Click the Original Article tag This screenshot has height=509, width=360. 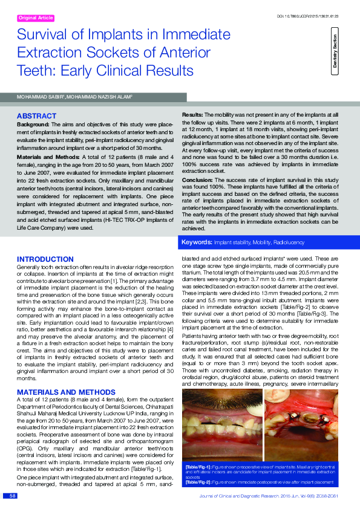point(36,19)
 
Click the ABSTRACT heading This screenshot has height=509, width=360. point(36,115)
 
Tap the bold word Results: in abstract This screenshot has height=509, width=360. point(192,114)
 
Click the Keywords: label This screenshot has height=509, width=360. point(197,242)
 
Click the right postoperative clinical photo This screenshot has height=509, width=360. point(301,426)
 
